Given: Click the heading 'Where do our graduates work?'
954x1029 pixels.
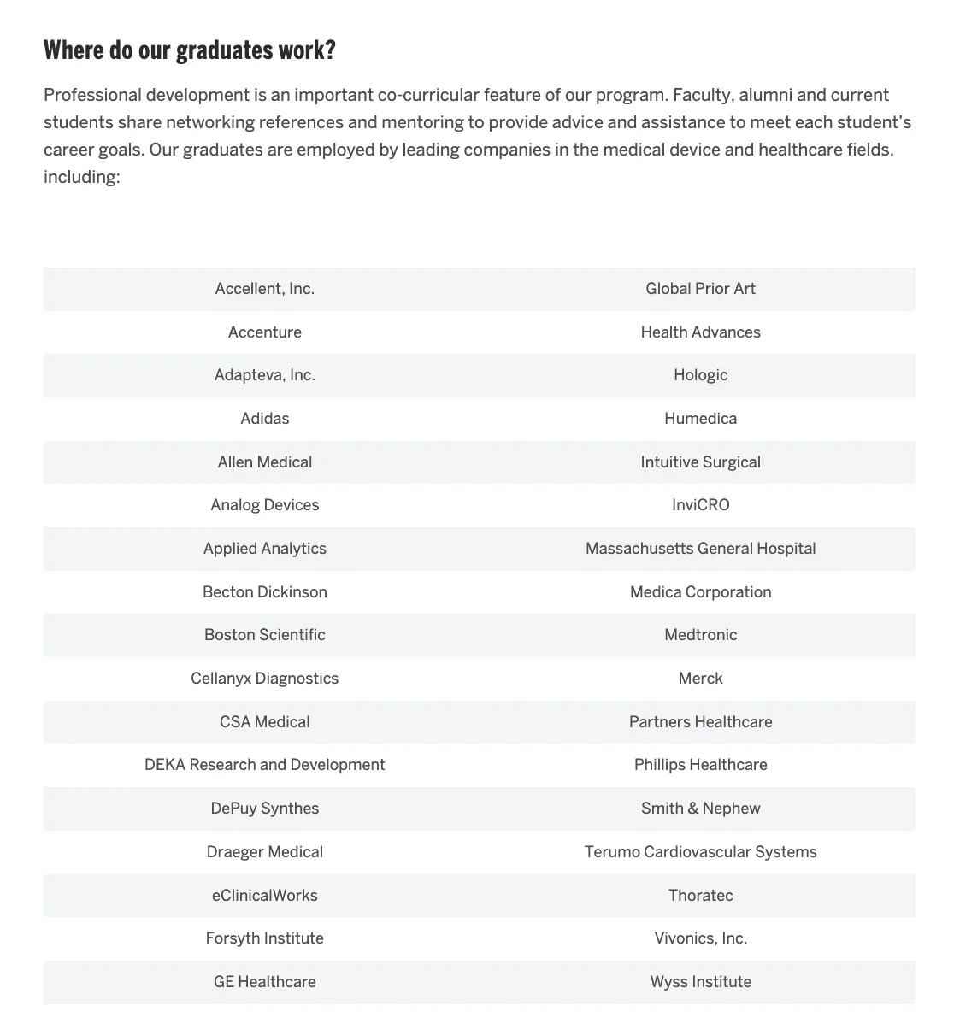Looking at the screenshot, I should tap(189, 50).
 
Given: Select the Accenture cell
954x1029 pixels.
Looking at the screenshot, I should tap(264, 332).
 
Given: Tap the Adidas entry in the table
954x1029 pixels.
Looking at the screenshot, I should tap(264, 419).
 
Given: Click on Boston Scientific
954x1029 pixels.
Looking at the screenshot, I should tap(264, 635).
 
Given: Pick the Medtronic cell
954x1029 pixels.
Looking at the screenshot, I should tap(700, 635).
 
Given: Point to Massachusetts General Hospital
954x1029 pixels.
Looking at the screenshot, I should tap(700, 549).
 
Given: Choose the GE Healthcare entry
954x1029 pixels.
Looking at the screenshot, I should tap(264, 982).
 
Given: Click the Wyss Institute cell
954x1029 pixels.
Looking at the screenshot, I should tap(700, 982).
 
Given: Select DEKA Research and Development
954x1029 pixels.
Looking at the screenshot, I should tap(264, 765).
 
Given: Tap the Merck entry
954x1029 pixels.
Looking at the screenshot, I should tap(700, 679).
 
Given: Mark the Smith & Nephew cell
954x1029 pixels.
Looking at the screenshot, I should tap(700, 808).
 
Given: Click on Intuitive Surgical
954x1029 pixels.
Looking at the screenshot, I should tap(700, 462).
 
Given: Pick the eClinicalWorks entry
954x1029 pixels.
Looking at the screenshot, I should tap(264, 896).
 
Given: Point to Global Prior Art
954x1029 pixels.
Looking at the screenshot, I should tap(700, 289).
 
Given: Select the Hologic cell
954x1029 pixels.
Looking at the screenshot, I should tap(700, 375).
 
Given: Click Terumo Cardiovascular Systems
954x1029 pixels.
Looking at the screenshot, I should tap(700, 852).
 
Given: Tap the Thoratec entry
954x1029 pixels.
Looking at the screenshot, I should tap(700, 896).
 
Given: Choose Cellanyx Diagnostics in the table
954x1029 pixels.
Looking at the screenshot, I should tap(264, 679).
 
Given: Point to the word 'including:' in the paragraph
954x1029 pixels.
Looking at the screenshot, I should tap(81, 177).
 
